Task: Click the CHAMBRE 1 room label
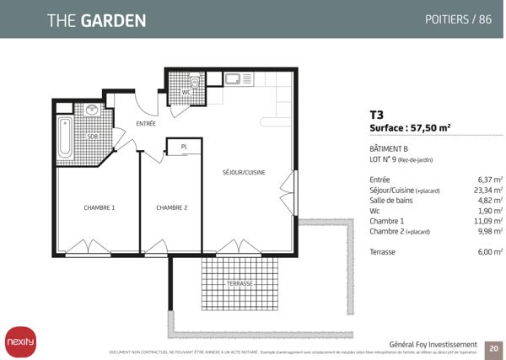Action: pos(99,207)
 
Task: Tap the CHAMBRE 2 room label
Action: pos(171,207)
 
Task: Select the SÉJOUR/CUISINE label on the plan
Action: pos(244,172)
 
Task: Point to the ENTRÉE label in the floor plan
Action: pos(146,124)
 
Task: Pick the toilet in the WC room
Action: pos(194,83)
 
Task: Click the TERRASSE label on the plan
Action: pos(240,284)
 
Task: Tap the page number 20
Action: pos(493,347)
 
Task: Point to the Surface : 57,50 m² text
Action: pos(410,129)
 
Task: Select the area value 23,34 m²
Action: pos(489,191)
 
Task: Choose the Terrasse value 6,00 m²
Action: pos(489,251)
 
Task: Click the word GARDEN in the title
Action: pos(113,19)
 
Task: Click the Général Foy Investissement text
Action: pos(433,344)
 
